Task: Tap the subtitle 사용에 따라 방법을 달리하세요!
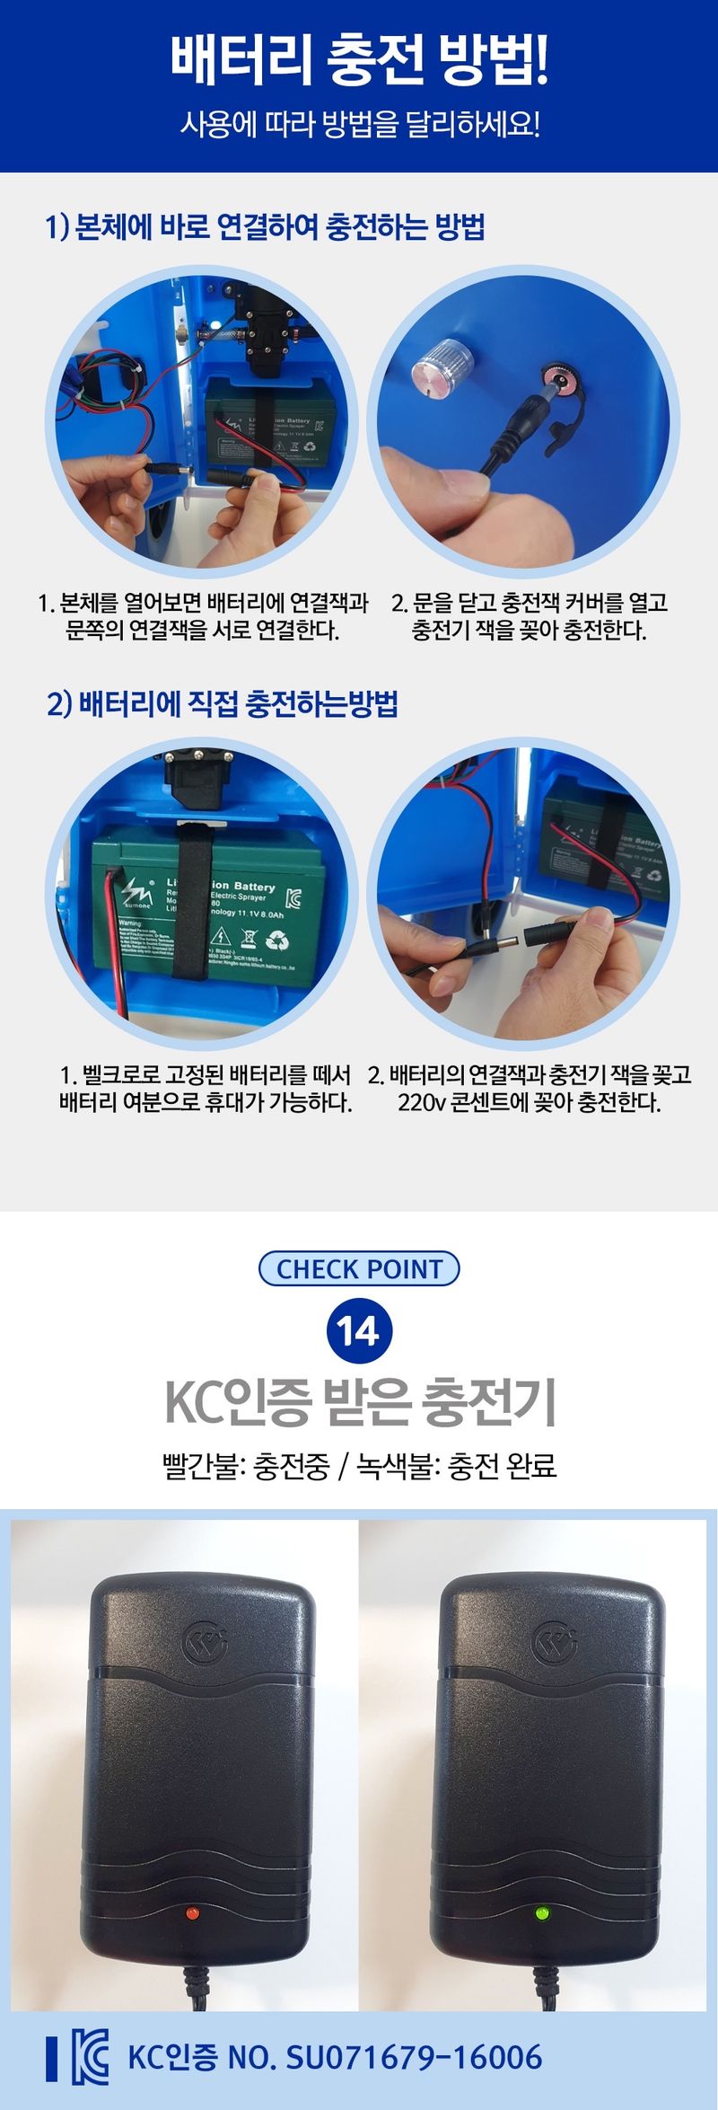coord(359,124)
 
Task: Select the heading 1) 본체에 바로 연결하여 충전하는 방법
coord(266,226)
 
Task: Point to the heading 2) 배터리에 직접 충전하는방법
coord(223,703)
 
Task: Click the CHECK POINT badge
coord(359,1268)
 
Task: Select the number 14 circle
coord(359,1330)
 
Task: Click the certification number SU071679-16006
coord(414,2057)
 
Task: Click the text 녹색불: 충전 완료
coord(457,1465)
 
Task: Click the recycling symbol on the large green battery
coord(278,940)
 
